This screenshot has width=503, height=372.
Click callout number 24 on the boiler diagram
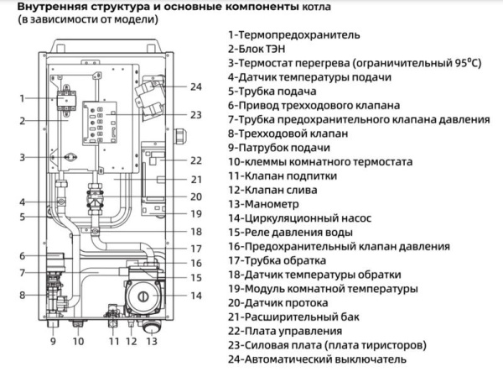195,86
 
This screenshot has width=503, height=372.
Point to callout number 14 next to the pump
195,296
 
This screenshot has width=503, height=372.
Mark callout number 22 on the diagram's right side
195,160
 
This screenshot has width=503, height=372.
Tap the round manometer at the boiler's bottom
152,322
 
